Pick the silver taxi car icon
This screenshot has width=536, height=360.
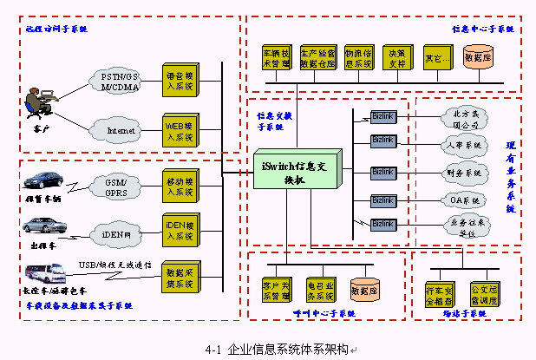pyautogui.click(x=44, y=227)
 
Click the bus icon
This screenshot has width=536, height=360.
pyautogui.click(x=42, y=276)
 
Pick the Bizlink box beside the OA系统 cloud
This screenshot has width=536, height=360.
pyautogui.click(x=382, y=200)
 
